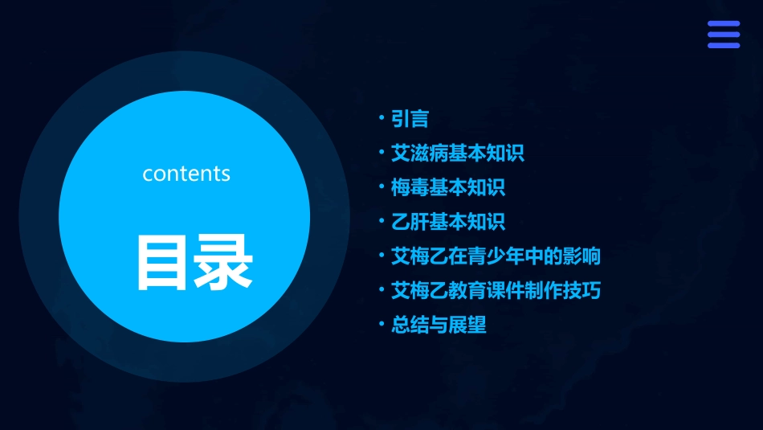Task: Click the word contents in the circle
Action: [x=186, y=174]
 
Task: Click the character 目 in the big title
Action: [x=161, y=263]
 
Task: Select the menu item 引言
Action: [x=410, y=119]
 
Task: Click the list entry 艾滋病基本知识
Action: [x=457, y=153]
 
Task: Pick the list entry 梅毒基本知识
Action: [x=447, y=188]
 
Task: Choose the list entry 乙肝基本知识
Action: [x=447, y=222]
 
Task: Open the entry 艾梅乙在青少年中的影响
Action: [x=496, y=256]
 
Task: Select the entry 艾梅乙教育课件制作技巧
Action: [x=496, y=290]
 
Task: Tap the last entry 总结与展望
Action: [x=439, y=325]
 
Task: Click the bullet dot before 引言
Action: [x=381, y=118]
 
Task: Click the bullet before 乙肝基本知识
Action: [x=381, y=221]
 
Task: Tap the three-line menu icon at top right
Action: [x=723, y=35]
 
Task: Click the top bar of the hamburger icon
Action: [x=723, y=24]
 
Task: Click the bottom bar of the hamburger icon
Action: [x=723, y=45]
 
